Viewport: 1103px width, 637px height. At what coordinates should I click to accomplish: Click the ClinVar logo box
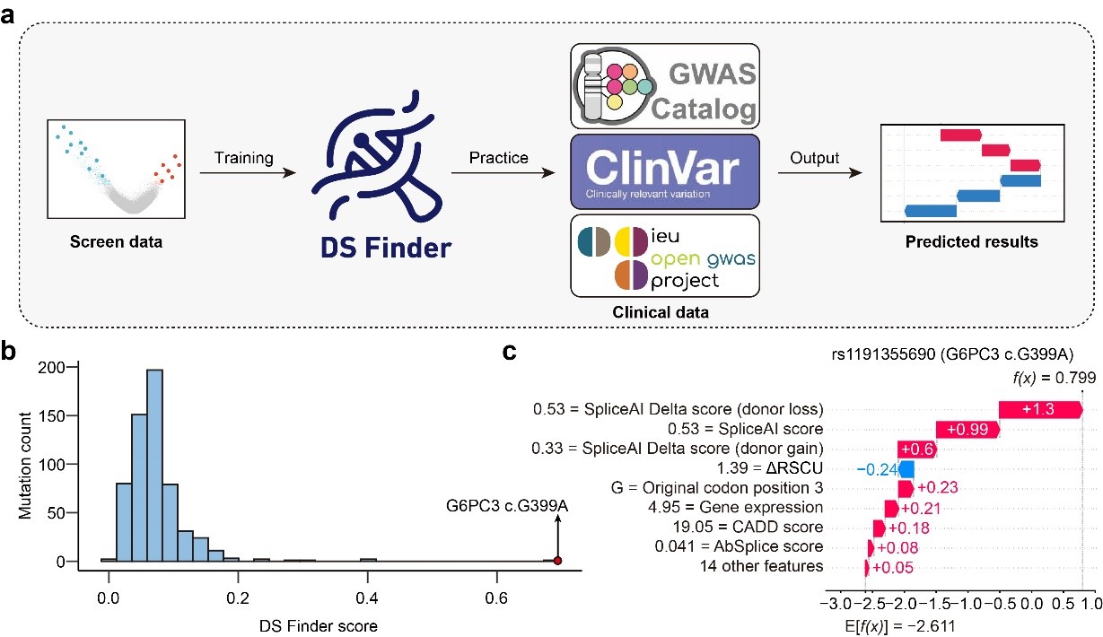pyautogui.click(x=665, y=171)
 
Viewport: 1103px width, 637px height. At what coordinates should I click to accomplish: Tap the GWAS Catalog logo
pyautogui.click(x=665, y=86)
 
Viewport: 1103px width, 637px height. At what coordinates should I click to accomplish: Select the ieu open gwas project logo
pyautogui.click(x=665, y=256)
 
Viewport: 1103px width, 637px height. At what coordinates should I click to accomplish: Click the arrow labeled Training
pyautogui.click(x=248, y=173)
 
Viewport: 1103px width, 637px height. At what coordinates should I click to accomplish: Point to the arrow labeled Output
pyautogui.click(x=820, y=173)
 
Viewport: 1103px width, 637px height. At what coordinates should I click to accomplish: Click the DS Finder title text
pyautogui.click(x=386, y=247)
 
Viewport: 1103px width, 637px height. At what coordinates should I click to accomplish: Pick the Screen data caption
pyautogui.click(x=116, y=241)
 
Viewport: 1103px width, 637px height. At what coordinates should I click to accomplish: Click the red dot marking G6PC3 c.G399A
pyautogui.click(x=557, y=561)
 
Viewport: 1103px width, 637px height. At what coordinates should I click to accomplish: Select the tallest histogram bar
pyautogui.click(x=154, y=466)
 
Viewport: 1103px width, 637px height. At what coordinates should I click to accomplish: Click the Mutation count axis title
pyautogui.click(x=24, y=466)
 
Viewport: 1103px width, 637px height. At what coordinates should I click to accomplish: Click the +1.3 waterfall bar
pyautogui.click(x=1040, y=410)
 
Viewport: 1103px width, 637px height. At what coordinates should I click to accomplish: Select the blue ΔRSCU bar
pyautogui.click(x=906, y=469)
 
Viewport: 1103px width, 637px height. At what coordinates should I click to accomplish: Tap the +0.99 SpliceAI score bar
pyautogui.click(x=967, y=429)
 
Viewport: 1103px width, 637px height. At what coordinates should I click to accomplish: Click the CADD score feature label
pyautogui.click(x=748, y=527)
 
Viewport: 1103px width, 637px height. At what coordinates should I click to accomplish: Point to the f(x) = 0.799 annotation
pyautogui.click(x=1055, y=378)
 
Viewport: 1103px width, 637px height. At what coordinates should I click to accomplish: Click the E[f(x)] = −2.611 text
pyautogui.click(x=900, y=626)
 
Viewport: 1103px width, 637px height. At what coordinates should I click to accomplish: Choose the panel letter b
pyautogui.click(x=8, y=352)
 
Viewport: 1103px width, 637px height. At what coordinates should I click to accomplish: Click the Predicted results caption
pyautogui.click(x=972, y=241)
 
